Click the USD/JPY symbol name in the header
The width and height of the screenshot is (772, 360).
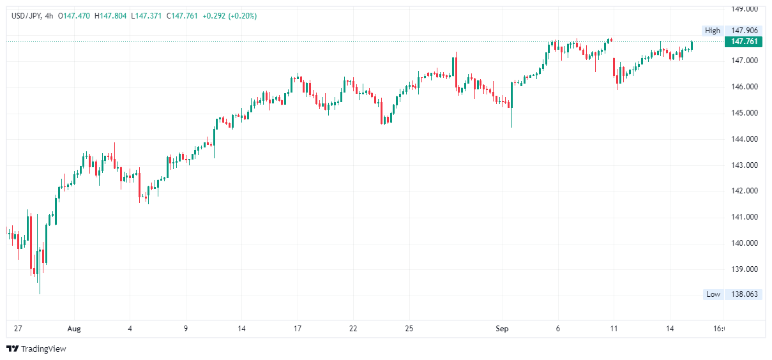click(x=26, y=16)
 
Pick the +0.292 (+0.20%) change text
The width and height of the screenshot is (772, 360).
click(x=230, y=16)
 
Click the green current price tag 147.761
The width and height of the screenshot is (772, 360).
click(x=744, y=41)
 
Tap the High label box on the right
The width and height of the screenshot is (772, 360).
click(x=713, y=31)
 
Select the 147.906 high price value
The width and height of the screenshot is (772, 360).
click(x=744, y=31)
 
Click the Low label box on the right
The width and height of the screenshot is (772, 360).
click(x=713, y=294)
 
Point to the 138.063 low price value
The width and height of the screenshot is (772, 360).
click(x=744, y=294)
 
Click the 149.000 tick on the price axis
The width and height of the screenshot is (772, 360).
click(x=744, y=9)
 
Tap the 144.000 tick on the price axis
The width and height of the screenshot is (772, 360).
click(x=744, y=139)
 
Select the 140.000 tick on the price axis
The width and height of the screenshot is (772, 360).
click(x=744, y=243)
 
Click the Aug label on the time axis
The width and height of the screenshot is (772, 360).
click(x=74, y=329)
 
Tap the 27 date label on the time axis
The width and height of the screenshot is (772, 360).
click(x=18, y=329)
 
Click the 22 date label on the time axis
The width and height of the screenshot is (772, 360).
click(x=353, y=329)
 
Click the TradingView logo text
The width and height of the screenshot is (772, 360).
click(x=43, y=349)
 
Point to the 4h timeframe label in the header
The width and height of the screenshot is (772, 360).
click(x=49, y=16)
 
